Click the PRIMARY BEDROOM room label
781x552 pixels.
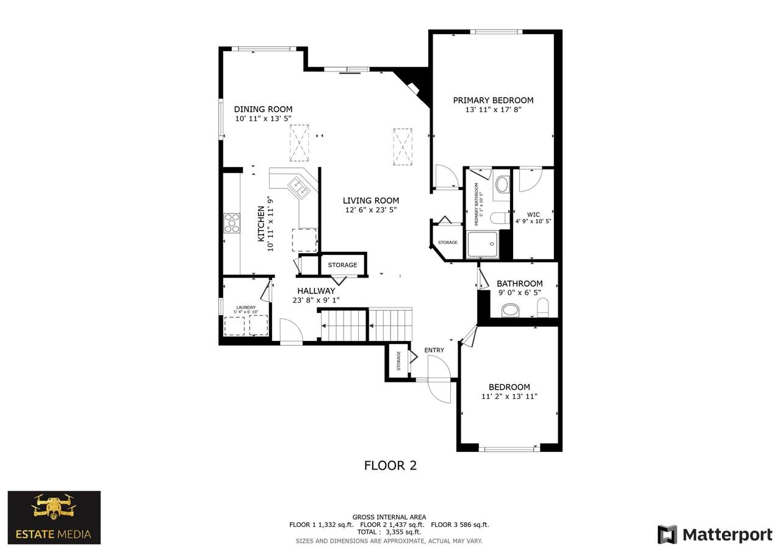click(x=493, y=101)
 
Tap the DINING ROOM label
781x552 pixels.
click(x=263, y=109)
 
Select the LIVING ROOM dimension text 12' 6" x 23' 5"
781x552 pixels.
click(x=371, y=210)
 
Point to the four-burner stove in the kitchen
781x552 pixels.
click(x=232, y=223)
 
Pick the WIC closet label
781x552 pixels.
click(x=533, y=215)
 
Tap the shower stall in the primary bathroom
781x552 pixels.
click(x=483, y=245)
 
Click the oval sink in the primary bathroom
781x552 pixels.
click(x=502, y=184)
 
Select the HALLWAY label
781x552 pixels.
click(x=316, y=290)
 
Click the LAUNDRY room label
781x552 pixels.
click(x=246, y=307)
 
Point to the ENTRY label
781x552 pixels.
click(x=434, y=350)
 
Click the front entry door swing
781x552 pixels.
click(x=440, y=380)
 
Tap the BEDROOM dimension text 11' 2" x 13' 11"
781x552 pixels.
click(x=509, y=396)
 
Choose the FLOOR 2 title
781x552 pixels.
click(x=390, y=465)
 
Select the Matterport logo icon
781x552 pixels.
click(x=667, y=534)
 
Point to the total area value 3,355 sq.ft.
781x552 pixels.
click(x=403, y=532)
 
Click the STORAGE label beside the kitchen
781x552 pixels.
click(x=342, y=265)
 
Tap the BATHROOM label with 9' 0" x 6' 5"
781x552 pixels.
click(x=519, y=283)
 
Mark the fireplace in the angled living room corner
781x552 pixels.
click(x=414, y=88)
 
